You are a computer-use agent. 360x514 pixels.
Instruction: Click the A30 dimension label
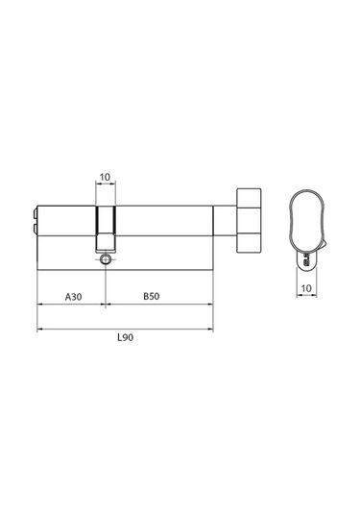point(73,297)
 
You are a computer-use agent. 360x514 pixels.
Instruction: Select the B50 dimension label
point(152,296)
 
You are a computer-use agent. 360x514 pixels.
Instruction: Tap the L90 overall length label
point(126,337)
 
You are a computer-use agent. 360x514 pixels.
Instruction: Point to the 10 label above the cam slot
point(105,178)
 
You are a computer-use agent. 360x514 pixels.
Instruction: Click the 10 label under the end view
point(306,288)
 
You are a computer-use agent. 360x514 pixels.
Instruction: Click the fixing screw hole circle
point(106,259)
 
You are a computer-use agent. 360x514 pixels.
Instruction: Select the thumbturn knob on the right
point(249,221)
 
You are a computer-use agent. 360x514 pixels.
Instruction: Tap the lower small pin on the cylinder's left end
point(35,229)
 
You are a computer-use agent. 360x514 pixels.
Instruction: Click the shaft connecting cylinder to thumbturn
point(225,221)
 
